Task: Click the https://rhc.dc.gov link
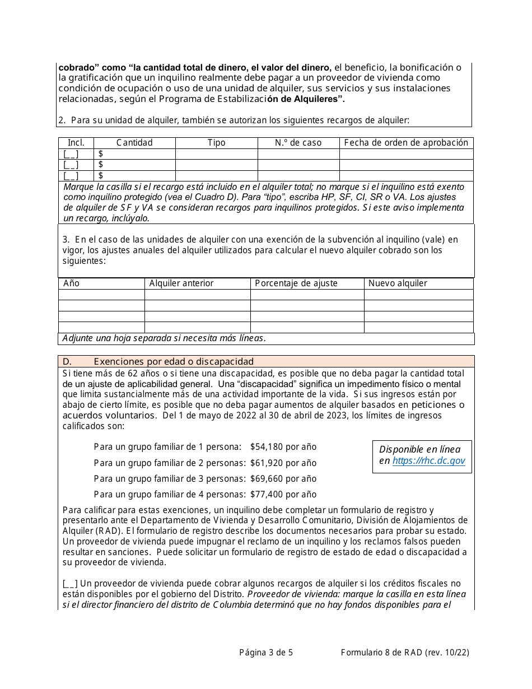(x=428, y=461)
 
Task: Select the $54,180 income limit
(x=283, y=447)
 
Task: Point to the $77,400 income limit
(x=283, y=494)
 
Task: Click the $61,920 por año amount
(x=283, y=463)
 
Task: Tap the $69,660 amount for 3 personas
(x=283, y=478)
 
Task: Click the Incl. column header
(x=76, y=143)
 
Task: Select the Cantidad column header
(x=134, y=143)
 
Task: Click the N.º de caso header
(x=298, y=143)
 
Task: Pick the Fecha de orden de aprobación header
(x=406, y=143)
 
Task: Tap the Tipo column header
(x=216, y=143)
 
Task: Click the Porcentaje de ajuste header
(x=296, y=283)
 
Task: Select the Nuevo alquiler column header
(x=398, y=283)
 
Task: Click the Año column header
(x=72, y=283)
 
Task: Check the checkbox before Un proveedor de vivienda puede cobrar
(x=70, y=584)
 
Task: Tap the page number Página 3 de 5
(x=265, y=652)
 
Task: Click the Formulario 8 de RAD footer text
(x=404, y=652)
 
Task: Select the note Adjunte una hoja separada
(x=164, y=338)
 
